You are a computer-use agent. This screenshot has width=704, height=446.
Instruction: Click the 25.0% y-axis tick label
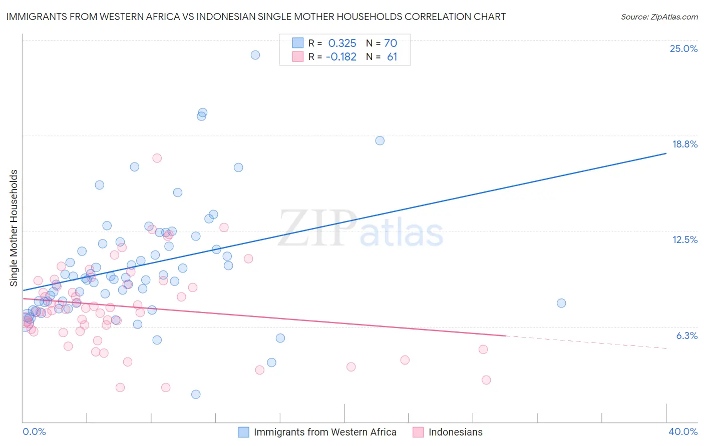tap(683, 48)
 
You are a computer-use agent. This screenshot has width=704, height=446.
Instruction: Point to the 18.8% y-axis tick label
tap(684, 144)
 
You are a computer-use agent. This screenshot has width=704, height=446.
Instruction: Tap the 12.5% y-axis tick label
tap(684, 239)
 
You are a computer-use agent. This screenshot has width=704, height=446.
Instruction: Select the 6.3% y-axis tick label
tap(686, 335)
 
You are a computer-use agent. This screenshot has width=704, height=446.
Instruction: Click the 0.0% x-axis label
tap(34, 431)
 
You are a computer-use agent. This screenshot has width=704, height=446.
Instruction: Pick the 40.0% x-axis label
tap(682, 431)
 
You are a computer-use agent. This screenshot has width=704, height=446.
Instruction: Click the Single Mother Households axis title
tap(14, 228)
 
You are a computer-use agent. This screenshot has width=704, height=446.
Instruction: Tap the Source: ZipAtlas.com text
tap(659, 16)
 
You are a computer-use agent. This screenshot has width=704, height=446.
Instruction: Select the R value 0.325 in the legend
tap(342, 43)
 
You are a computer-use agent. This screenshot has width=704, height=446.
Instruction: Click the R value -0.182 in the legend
tap(341, 57)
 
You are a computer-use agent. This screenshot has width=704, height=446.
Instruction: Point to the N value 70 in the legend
tap(391, 43)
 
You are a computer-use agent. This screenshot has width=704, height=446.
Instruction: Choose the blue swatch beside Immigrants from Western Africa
tap(243, 432)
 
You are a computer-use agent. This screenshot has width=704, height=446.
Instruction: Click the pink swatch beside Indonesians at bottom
tap(418, 432)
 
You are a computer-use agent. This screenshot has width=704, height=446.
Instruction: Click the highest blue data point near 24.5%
tap(255, 55)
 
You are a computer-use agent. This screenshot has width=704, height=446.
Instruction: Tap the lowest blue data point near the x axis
tap(196, 394)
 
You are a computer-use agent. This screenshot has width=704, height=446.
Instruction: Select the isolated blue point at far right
tap(561, 303)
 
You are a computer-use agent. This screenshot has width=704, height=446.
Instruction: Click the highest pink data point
tap(157, 158)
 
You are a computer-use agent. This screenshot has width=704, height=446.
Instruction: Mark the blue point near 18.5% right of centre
tap(380, 140)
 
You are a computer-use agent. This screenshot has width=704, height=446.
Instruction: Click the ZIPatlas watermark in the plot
tap(361, 229)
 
